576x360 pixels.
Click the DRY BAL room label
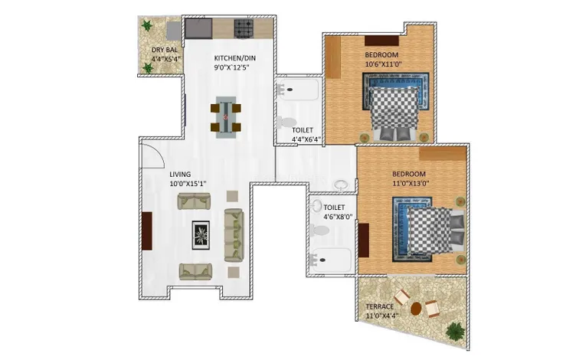pyautogui.click(x=165, y=50)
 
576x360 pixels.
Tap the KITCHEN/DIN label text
pyautogui.click(x=234, y=58)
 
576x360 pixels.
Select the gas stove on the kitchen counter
pyautogui.click(x=244, y=28)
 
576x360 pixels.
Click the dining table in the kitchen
pyautogui.click(x=225, y=117)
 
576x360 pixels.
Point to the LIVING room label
pyautogui.click(x=180, y=174)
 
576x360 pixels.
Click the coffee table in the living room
pyautogui.click(x=201, y=235)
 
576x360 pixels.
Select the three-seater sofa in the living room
pyautogui.click(x=234, y=235)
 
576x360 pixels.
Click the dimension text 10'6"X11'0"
pyautogui.click(x=383, y=64)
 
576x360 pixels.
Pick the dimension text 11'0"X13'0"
pyautogui.click(x=411, y=183)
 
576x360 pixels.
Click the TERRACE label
pyautogui.click(x=379, y=306)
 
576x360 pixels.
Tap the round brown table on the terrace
pyautogui.click(x=416, y=309)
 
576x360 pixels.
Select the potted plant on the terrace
pyautogui.click(x=455, y=331)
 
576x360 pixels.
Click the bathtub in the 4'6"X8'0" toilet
pyautogui.click(x=330, y=260)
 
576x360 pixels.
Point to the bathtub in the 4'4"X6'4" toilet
pyautogui.click(x=298, y=90)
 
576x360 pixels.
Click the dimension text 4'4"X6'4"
pyautogui.click(x=306, y=139)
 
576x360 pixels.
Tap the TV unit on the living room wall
pyautogui.click(x=147, y=231)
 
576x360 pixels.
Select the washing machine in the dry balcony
pyautogui.click(x=173, y=31)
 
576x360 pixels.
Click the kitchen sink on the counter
pyautogui.click(x=198, y=28)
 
